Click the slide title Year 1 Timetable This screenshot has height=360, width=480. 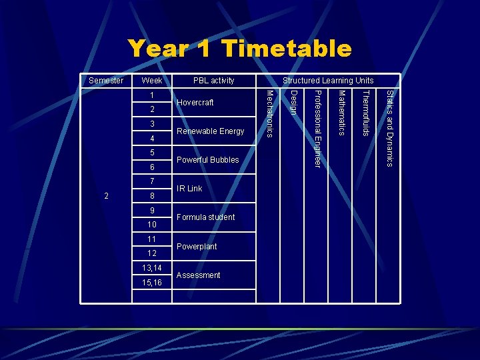click(x=239, y=49)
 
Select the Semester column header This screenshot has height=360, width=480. click(x=106, y=81)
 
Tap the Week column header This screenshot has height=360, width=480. click(x=152, y=81)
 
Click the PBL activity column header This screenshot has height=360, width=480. click(x=214, y=81)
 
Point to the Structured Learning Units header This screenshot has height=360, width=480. click(x=328, y=81)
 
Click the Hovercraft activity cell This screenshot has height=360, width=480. click(x=195, y=103)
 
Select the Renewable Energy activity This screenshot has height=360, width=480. click(x=211, y=131)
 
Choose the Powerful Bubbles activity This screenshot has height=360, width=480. click(x=207, y=160)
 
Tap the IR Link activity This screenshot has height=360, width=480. click(x=189, y=189)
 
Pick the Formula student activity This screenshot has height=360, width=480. click(x=206, y=217)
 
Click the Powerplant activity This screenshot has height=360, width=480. click(x=197, y=247)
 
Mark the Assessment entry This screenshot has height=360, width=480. click(x=198, y=275)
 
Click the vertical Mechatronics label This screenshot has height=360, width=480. click(x=269, y=113)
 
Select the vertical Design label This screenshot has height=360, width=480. click(x=293, y=101)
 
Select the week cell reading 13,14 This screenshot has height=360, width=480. click(x=152, y=268)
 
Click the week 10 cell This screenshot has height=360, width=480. click(x=152, y=225)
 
